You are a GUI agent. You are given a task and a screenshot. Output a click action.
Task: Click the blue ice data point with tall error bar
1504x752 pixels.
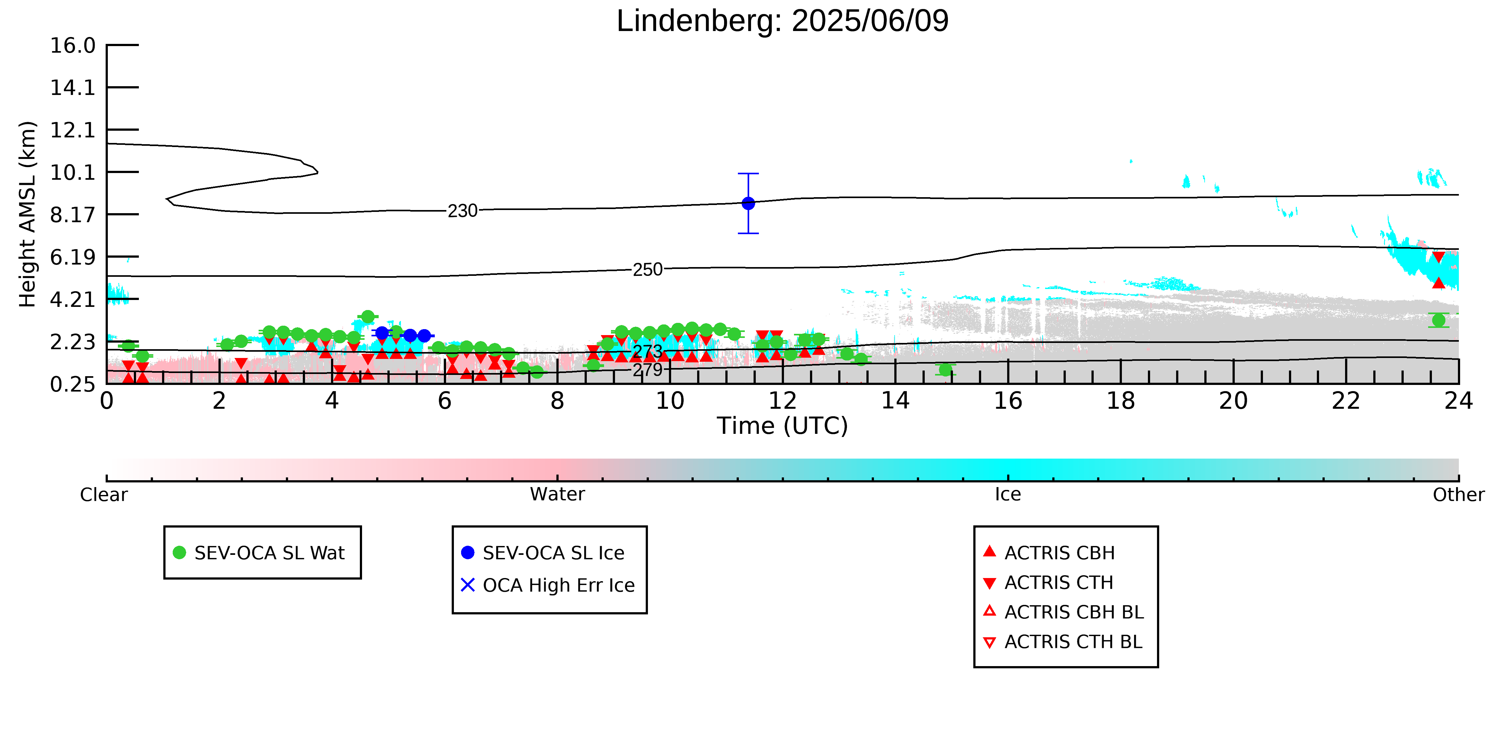coord(748,203)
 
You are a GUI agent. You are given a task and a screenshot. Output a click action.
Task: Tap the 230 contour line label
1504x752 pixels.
coord(462,211)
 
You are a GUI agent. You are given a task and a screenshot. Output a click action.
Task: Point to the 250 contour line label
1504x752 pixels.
coord(648,270)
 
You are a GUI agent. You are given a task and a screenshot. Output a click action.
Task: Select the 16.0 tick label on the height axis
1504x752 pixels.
coord(72,45)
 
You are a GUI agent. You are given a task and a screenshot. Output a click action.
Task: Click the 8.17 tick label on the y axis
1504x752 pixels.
coord(72,215)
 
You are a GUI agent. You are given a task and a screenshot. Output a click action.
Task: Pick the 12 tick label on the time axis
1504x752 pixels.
coord(782,401)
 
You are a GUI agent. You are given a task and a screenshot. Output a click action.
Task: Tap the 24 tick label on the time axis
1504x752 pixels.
coord(1459,401)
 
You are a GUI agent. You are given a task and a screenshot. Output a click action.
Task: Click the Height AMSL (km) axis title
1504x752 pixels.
coord(28,214)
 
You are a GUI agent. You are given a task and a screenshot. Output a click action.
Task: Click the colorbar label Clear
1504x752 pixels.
coord(104,495)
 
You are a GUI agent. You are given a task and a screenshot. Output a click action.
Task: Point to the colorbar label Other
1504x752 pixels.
coord(1459,495)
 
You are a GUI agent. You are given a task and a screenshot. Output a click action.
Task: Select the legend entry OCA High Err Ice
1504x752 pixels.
coord(548,585)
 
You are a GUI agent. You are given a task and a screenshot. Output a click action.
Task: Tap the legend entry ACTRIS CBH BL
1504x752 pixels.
coord(1064,612)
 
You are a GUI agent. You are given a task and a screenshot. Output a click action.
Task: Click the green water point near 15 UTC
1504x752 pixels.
coord(945,370)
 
